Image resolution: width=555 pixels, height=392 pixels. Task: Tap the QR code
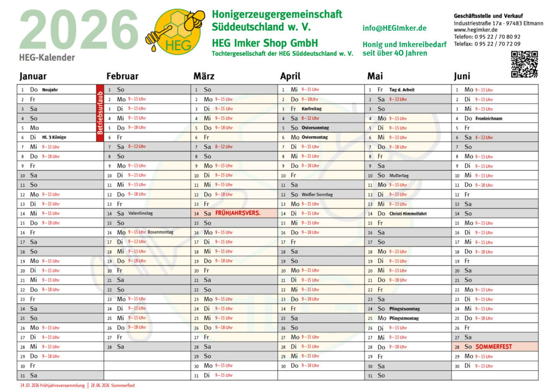[x=524, y=64]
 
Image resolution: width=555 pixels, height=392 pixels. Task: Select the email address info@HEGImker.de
[x=395, y=28]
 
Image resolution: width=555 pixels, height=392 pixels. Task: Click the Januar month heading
[x=33, y=76]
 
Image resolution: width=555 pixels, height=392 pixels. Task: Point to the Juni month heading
[x=462, y=76]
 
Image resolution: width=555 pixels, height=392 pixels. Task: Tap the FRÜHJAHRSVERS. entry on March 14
[x=237, y=213]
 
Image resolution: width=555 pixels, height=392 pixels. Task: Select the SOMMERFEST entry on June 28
[x=494, y=347]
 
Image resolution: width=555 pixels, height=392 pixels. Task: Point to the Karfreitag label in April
[x=312, y=109]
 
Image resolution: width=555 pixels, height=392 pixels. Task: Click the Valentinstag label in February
[x=140, y=213]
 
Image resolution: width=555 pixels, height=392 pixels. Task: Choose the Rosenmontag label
[x=160, y=232]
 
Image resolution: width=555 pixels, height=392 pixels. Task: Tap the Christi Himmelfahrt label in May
[x=408, y=213]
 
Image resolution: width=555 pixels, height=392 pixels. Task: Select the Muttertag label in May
[x=399, y=175]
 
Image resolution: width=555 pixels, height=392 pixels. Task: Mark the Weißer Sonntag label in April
[x=317, y=194]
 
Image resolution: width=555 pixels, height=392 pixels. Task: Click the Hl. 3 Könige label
[x=54, y=138]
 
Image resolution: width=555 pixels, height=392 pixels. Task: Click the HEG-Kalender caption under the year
[x=47, y=57]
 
